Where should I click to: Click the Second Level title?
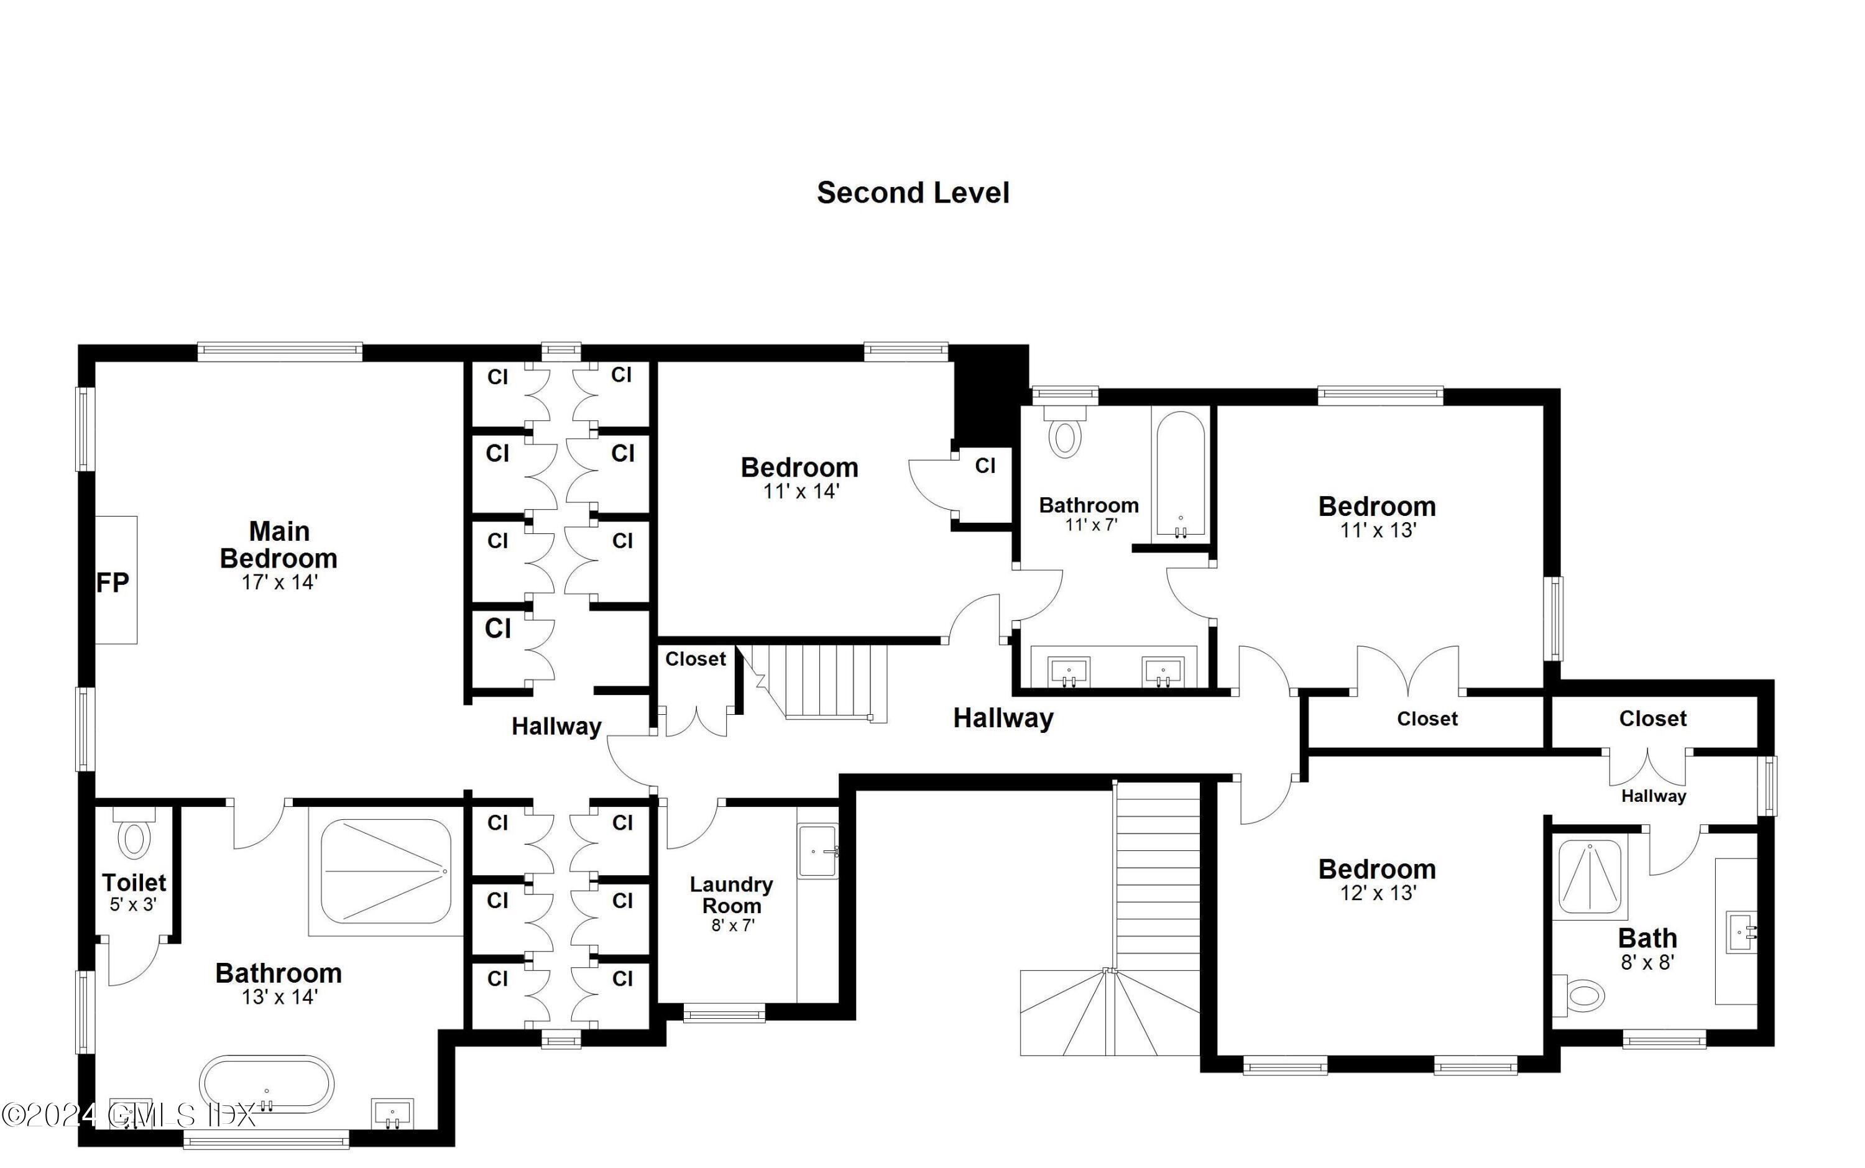913,192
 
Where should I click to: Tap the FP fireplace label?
112,582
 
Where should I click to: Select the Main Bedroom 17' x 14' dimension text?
279,582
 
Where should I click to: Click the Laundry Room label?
731,894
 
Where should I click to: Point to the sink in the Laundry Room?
817,851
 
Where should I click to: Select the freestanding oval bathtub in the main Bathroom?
267,1084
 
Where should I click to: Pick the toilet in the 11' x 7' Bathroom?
1065,435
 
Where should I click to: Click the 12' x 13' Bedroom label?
1377,870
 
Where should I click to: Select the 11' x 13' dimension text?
1378,531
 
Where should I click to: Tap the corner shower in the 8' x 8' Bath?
1589,876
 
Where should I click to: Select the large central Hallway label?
1003,719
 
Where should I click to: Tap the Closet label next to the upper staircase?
695,659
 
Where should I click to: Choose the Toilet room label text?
134,882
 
